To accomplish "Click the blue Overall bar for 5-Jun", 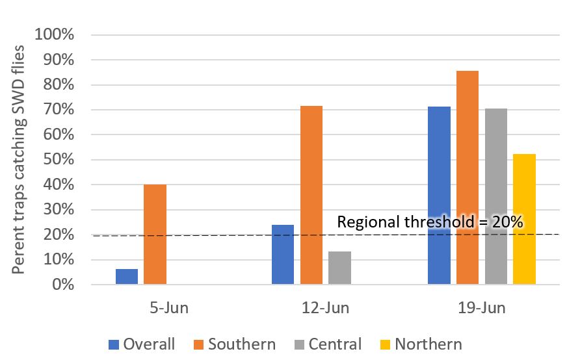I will (x=127, y=277).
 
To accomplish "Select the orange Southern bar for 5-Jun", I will (x=155, y=235).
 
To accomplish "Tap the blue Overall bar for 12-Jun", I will (x=283, y=255).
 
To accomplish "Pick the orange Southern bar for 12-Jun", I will (x=311, y=195).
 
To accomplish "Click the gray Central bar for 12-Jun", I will (x=339, y=268).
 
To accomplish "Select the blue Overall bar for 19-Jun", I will (x=439, y=196).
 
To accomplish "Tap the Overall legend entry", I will (x=141, y=344).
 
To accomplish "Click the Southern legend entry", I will (x=233, y=344).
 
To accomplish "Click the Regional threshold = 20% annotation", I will (x=430, y=222).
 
